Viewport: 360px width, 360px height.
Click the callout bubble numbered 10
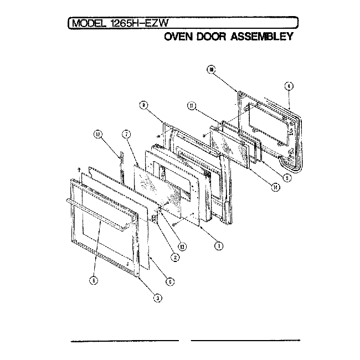(x=211, y=69)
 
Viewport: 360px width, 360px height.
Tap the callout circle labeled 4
(x=289, y=86)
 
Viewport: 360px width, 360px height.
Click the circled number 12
(x=97, y=134)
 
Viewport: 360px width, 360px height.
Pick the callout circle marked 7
(x=126, y=134)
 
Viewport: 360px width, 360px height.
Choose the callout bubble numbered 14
(x=276, y=187)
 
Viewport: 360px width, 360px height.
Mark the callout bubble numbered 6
(x=170, y=281)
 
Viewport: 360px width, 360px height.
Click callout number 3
(x=158, y=298)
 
